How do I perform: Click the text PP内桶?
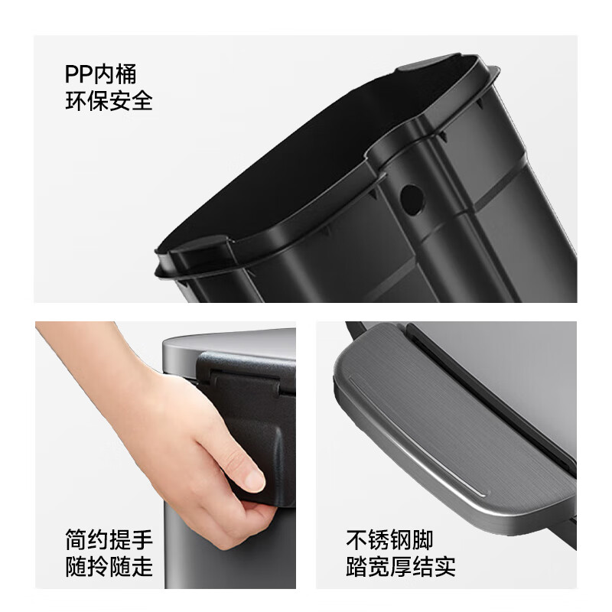100,73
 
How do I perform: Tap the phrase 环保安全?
109,101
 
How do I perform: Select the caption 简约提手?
109,539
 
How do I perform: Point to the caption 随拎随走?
109,566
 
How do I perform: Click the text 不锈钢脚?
389,539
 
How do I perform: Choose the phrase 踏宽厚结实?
400,566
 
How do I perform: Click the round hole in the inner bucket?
412,200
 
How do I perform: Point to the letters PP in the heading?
79,73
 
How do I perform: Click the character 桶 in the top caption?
126,73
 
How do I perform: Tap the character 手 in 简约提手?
142,539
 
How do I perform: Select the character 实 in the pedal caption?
444,566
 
